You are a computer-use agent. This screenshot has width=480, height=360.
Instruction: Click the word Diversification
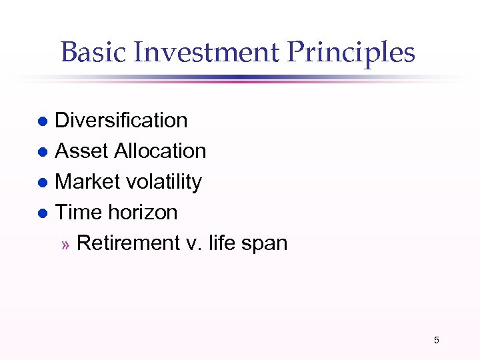pos(121,121)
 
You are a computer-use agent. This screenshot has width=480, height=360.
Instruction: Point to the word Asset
pos(81,151)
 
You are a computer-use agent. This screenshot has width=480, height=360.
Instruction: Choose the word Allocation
pos(160,151)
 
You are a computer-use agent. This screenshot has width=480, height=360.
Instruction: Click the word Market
pos(87,182)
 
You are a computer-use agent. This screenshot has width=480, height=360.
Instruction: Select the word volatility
pos(164,182)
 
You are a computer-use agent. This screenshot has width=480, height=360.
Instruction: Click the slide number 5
pos(437,341)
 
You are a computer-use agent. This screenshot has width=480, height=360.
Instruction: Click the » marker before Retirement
pos(65,245)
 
